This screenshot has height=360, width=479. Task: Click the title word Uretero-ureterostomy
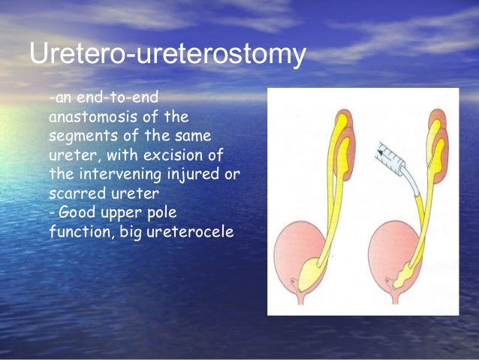pos(167,56)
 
